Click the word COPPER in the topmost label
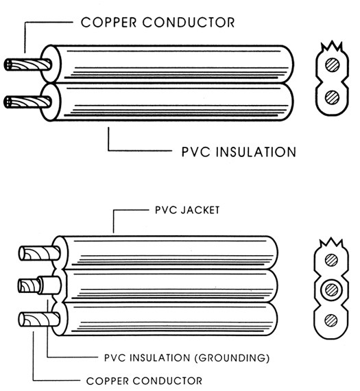tap(109, 23)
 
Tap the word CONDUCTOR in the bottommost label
tap(168, 381)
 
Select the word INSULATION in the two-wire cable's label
tap(256, 152)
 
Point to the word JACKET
tap(200, 210)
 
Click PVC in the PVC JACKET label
tap(165, 210)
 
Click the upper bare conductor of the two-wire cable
tap(28, 64)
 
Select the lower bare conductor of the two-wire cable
tap(28, 102)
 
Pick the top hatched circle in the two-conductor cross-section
tap(333, 65)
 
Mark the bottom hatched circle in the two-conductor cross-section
tap(333, 97)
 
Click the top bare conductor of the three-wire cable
tap(39, 253)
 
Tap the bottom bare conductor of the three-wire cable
tap(39, 320)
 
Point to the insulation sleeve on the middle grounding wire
tap(49, 285)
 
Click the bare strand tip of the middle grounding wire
tap(28, 285)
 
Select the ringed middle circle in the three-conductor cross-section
tap(332, 290)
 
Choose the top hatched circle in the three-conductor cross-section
tap(332, 260)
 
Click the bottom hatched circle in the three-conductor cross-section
tap(331, 320)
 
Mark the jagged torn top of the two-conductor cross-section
tap(332, 47)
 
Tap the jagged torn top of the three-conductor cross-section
tap(331, 243)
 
